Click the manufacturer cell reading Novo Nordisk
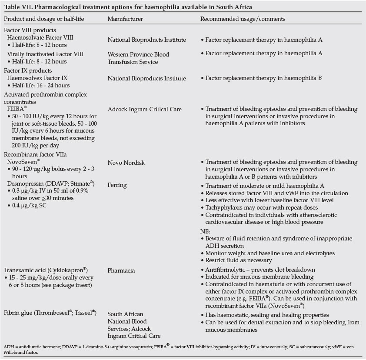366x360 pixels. (x=126, y=163)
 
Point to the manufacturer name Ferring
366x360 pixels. (x=117, y=185)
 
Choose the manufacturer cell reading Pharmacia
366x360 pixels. (x=121, y=270)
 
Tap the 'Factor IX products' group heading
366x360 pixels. (x=27, y=70)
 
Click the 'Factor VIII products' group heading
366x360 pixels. (x=30, y=30)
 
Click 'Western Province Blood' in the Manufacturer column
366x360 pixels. (x=138, y=54)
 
